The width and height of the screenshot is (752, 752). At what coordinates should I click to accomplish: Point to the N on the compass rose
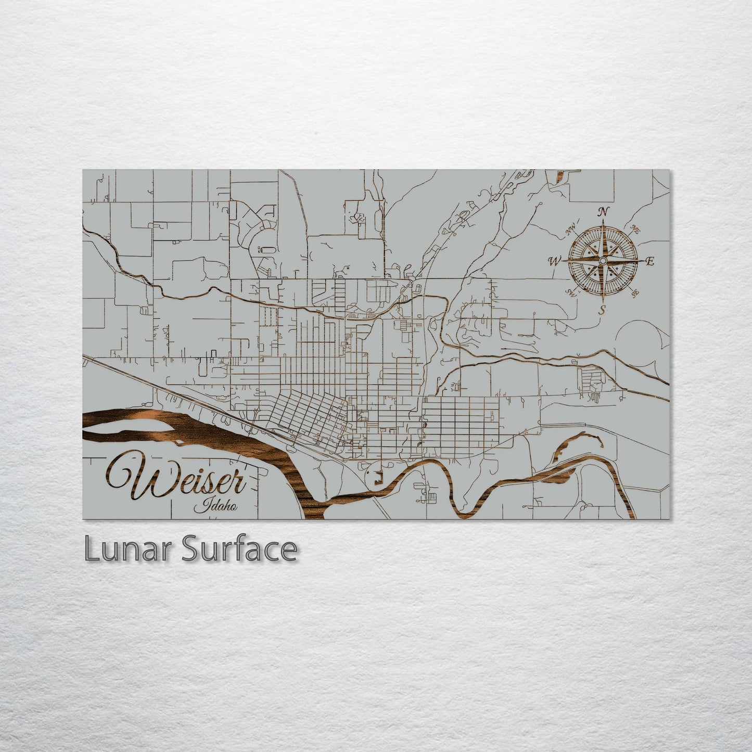point(603,212)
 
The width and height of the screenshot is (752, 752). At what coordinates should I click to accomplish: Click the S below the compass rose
point(603,310)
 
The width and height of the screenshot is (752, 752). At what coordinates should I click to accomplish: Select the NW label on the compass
point(571,227)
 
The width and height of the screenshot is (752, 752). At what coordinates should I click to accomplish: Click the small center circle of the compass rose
point(603,260)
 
